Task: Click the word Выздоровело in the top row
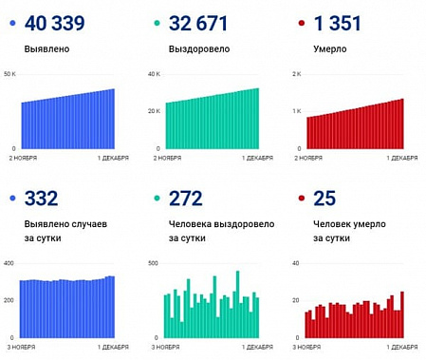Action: pos(193,47)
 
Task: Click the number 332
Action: pos(42,199)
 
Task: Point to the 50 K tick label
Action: pos(9,73)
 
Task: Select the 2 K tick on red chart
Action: pos(297,73)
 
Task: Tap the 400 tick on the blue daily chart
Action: pos(9,263)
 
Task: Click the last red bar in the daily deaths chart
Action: pos(401,314)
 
